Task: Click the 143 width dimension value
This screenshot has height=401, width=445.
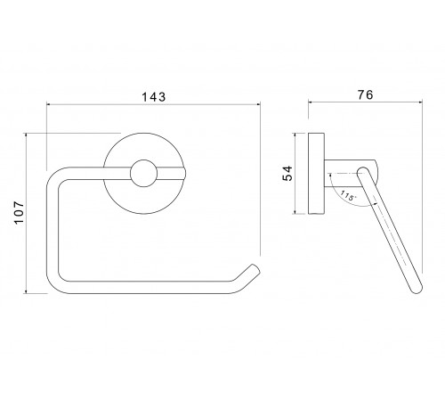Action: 154,97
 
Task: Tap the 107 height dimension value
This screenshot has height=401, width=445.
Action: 19,213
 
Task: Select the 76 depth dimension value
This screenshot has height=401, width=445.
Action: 365,94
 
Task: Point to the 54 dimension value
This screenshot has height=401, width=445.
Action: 287,173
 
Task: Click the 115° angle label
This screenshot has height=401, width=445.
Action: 348,196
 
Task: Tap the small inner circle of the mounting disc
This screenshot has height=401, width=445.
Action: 143,174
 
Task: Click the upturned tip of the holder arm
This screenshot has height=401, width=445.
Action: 255,268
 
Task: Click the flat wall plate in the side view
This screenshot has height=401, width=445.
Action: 316,174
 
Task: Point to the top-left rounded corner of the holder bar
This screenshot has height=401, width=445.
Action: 55,176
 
